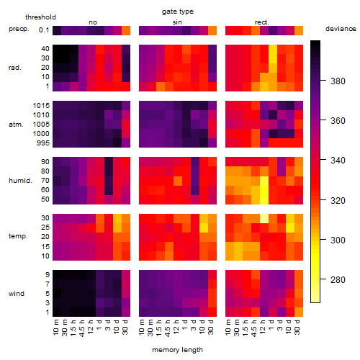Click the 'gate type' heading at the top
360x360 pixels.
(178, 12)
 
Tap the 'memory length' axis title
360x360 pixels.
(177, 350)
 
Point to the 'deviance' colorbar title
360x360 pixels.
(341, 29)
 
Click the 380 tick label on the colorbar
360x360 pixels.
(338, 81)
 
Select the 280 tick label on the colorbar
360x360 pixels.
(338, 280)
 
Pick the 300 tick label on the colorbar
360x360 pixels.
(338, 240)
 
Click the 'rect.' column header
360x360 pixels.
(262, 22)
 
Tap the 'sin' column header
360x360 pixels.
(177, 22)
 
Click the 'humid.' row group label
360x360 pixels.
(20, 181)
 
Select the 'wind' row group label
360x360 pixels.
(17, 294)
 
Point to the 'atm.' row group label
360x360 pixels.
(16, 125)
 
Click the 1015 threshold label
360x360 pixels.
(41, 106)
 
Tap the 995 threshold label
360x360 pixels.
(43, 143)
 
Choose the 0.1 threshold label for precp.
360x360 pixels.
(44, 30)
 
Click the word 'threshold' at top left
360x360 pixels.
(40, 17)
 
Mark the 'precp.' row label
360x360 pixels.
(19, 29)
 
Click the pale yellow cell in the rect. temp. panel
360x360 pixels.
(264, 218)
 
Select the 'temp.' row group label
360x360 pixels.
(18, 236)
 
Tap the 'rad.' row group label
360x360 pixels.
(15, 68)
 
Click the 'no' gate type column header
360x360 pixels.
(93, 22)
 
